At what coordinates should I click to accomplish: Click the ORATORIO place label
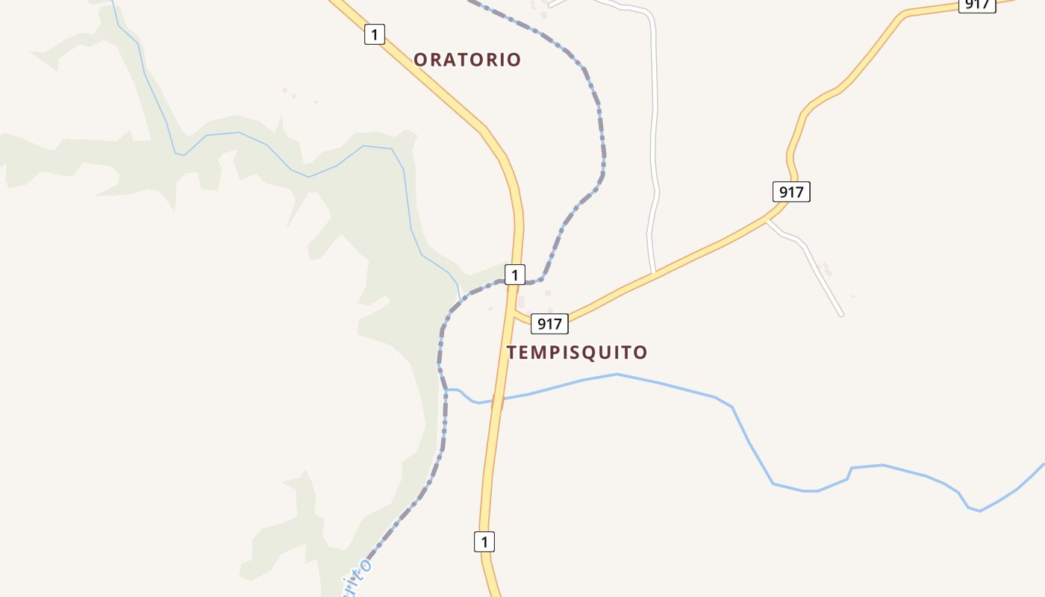pos(467,60)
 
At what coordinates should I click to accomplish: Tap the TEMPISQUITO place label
pos(577,352)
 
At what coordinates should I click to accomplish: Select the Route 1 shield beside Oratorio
pos(375,34)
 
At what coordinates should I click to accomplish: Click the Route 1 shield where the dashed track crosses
pos(514,275)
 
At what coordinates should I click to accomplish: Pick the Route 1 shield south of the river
pos(484,542)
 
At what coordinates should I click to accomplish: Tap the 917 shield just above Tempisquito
pos(549,324)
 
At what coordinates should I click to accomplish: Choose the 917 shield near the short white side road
pos(791,192)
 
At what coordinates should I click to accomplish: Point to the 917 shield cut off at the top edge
pos(977,4)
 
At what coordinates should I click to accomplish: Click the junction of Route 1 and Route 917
pos(514,313)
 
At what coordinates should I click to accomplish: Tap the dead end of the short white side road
pos(841,314)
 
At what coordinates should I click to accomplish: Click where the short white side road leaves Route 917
pos(769,220)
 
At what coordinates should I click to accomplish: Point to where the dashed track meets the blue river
pos(446,390)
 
